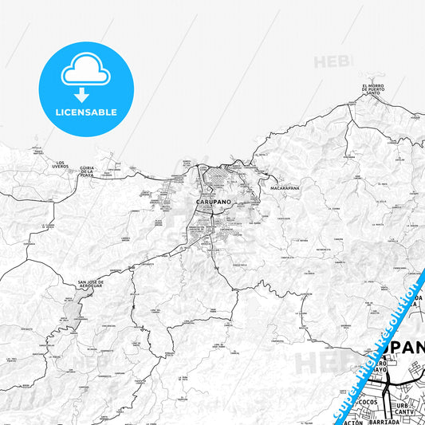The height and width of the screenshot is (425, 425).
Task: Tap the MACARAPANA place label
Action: pos(284,187)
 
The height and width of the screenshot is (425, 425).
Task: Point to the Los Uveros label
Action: pos(60,165)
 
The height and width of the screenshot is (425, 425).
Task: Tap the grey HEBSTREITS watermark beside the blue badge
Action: pos(331,61)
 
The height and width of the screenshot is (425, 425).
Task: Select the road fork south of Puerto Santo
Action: pos(347,128)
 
